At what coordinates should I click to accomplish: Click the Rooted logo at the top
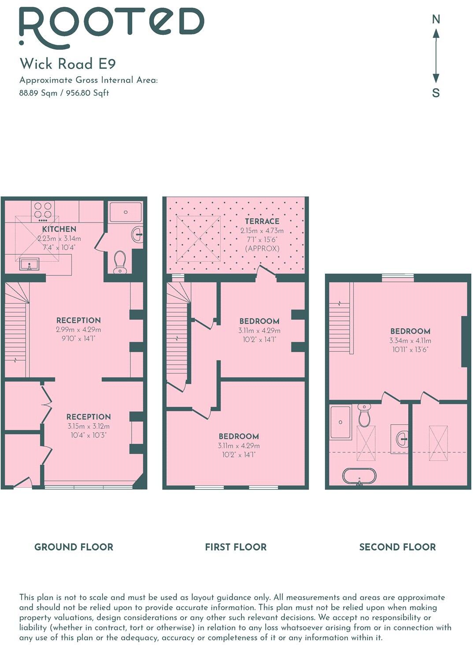(111, 25)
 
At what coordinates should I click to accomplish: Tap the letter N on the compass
(436, 19)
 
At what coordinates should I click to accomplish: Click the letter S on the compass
(436, 93)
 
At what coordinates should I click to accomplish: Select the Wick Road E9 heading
(67, 64)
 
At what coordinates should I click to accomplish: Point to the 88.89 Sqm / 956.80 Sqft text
(64, 93)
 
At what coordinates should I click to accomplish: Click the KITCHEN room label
(59, 229)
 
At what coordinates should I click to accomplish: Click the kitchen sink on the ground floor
(30, 264)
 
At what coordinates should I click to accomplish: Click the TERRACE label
(262, 221)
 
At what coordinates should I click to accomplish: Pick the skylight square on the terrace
(199, 238)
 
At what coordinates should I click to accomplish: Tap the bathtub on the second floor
(359, 476)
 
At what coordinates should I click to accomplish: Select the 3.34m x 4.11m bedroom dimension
(410, 341)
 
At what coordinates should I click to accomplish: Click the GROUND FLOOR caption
(74, 547)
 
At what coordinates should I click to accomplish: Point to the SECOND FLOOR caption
(397, 547)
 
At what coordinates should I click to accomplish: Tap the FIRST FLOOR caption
(236, 547)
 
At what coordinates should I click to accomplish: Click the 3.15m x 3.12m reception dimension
(89, 426)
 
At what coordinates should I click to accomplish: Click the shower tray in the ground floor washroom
(126, 212)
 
